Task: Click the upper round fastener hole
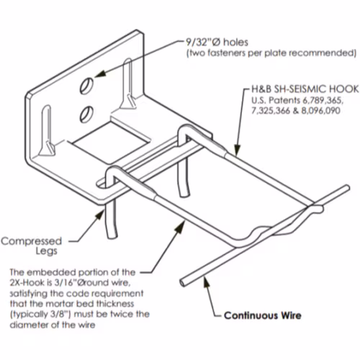pyautogui.click(x=86, y=86)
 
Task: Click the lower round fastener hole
pyautogui.click(x=86, y=114)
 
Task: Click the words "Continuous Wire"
pyautogui.click(x=263, y=315)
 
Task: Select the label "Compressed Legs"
pyautogui.click(x=32, y=246)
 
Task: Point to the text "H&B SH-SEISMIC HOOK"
pyautogui.click(x=305, y=89)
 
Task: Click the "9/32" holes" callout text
pyautogui.click(x=217, y=42)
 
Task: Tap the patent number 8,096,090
pyautogui.click(x=320, y=111)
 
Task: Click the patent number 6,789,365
pyautogui.click(x=323, y=100)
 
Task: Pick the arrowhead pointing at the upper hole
pyautogui.click(x=100, y=73)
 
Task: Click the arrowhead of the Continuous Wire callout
pyautogui.click(x=207, y=282)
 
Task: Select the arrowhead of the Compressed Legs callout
pyautogui.click(x=99, y=215)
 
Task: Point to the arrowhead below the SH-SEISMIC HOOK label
pyautogui.click(x=237, y=150)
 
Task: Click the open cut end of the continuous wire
pyautogui.click(x=183, y=283)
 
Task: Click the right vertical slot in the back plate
pyautogui.click(x=128, y=84)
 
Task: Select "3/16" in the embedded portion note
pyautogui.click(x=63, y=283)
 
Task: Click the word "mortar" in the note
pyautogui.click(x=57, y=304)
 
